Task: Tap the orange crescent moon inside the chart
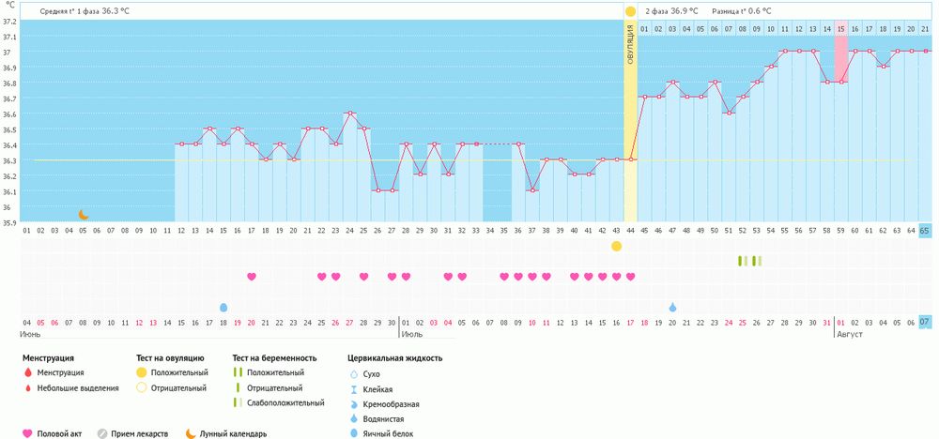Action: [83, 215]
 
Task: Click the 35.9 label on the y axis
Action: [9, 222]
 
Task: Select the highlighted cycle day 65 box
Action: [925, 230]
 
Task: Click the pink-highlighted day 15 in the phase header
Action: [840, 28]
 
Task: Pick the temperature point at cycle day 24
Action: [349, 114]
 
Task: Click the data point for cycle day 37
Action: [532, 190]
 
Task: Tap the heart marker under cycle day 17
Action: [252, 277]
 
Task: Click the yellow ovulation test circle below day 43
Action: [616, 246]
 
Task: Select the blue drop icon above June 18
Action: [223, 308]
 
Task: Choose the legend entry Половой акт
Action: [56, 433]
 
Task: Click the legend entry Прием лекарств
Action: [137, 433]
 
